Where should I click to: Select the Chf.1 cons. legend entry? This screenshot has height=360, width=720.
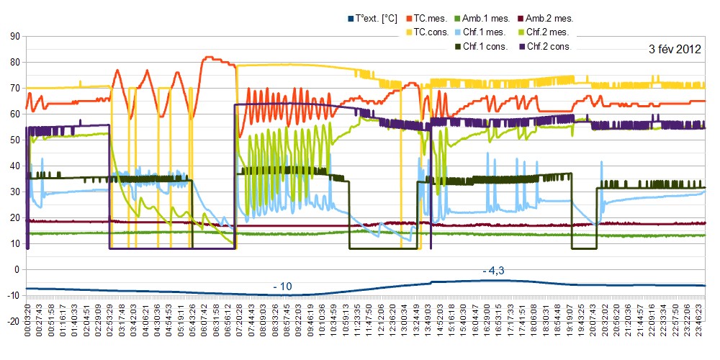(x=485, y=46)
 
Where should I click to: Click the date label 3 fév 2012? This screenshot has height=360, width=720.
(x=675, y=50)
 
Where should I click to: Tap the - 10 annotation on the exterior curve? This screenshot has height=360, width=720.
(x=282, y=287)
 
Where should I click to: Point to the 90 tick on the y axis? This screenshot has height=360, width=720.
(x=13, y=36)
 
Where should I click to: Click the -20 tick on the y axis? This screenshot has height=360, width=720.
(x=12, y=321)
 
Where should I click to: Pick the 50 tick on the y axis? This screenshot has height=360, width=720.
(x=13, y=140)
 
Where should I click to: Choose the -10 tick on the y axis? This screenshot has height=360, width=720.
(x=12, y=295)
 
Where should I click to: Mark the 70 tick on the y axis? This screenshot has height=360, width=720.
(x=13, y=88)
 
